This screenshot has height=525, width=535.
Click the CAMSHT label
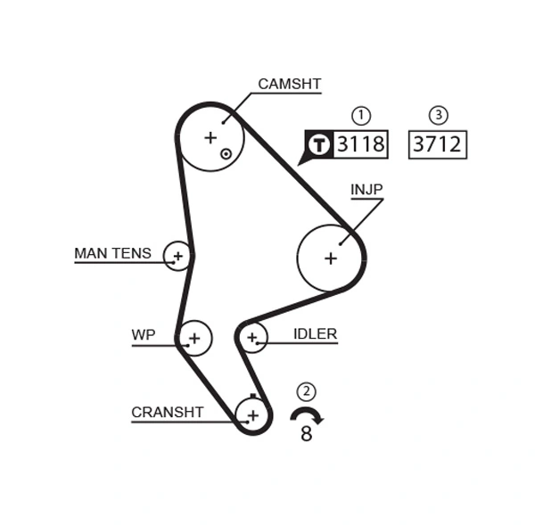(x=289, y=85)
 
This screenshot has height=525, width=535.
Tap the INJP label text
(x=366, y=190)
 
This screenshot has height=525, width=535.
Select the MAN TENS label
(x=112, y=254)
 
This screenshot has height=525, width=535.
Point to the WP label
(x=143, y=335)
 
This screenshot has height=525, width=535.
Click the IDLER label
(x=315, y=334)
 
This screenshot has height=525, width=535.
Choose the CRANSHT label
(x=167, y=413)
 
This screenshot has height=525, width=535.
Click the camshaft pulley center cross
(x=210, y=137)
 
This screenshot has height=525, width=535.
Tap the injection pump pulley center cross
(x=331, y=258)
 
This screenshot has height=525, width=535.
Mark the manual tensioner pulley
(x=178, y=257)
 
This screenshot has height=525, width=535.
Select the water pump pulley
(x=194, y=338)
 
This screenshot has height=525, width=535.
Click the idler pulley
(x=252, y=337)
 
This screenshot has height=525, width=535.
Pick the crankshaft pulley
(x=253, y=414)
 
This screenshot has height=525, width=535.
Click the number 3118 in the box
(x=360, y=144)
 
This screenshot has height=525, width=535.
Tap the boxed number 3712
(x=438, y=144)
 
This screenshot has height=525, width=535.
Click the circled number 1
(x=361, y=115)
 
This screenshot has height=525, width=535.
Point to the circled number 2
(x=307, y=390)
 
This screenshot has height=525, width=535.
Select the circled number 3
(x=438, y=115)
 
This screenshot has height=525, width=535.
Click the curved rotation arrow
(x=307, y=414)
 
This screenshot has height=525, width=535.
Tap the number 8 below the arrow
(x=307, y=435)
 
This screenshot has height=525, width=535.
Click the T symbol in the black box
(x=319, y=144)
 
